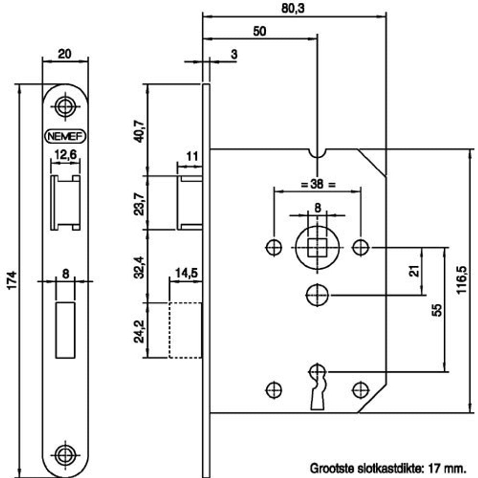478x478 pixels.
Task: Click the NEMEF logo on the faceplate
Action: point(65,137)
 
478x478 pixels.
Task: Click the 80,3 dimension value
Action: point(293,8)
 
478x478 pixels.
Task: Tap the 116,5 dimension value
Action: point(462,280)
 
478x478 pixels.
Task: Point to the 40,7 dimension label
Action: point(139,131)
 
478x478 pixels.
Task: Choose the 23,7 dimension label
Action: point(139,204)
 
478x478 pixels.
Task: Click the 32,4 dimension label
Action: point(139,267)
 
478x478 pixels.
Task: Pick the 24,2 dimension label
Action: point(139,331)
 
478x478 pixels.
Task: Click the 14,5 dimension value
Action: point(187,273)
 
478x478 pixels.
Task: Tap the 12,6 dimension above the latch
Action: point(65,154)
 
